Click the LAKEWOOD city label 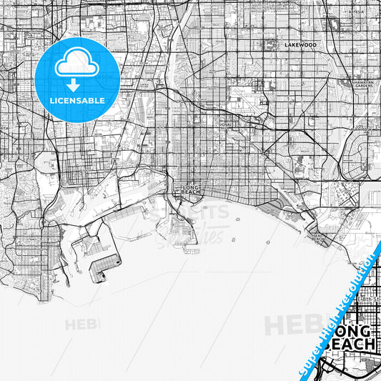click(300, 44)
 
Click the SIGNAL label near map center click(226, 124)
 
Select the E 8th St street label click(368, 299)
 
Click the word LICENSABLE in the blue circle click(76, 101)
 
